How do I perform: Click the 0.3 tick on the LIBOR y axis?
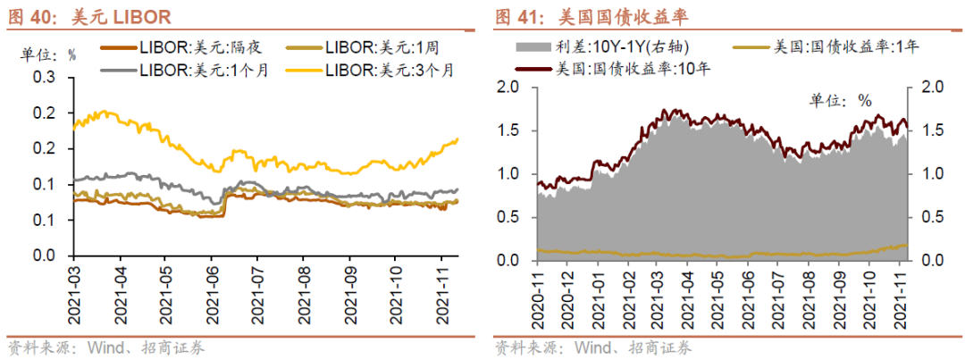tap(45, 78)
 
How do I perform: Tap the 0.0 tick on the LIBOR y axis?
tap(45, 255)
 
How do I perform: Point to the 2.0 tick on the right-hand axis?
tap(928, 87)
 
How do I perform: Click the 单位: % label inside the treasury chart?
tap(840, 101)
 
